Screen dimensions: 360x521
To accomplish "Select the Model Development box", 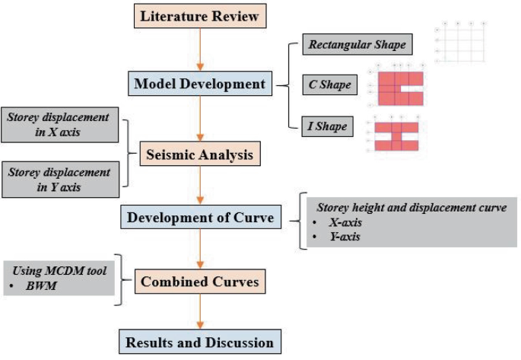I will (x=200, y=84).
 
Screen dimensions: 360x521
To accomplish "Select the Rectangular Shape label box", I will (x=357, y=44).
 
